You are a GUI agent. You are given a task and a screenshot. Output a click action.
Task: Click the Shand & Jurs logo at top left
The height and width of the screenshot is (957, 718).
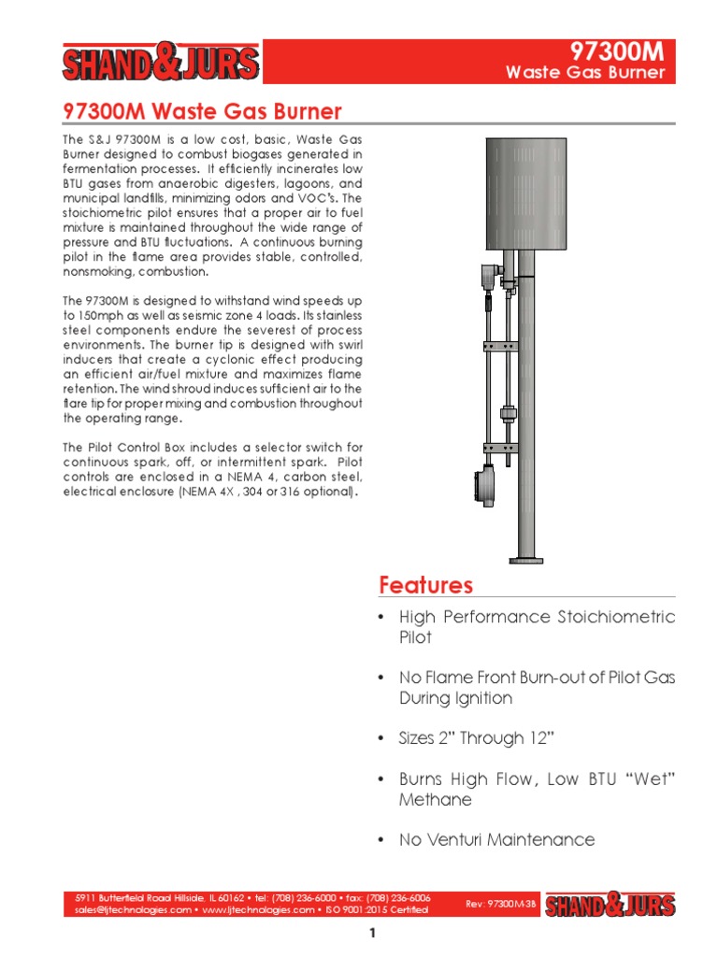pyautogui.click(x=160, y=64)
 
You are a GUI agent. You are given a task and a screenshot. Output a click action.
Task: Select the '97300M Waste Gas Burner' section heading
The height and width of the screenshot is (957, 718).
pyautogui.click(x=202, y=112)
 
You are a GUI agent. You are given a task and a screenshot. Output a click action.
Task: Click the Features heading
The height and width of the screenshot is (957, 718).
pyautogui.click(x=425, y=585)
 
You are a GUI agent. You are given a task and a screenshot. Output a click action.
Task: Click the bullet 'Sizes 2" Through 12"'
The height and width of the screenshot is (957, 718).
pyautogui.click(x=477, y=738)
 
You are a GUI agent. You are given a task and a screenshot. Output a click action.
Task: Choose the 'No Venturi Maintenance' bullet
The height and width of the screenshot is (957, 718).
pyautogui.click(x=496, y=840)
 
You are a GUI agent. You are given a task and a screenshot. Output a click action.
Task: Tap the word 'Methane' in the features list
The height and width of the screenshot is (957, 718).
pyautogui.click(x=435, y=800)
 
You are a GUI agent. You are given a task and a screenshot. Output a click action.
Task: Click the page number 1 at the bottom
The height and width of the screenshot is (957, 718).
pyautogui.click(x=371, y=934)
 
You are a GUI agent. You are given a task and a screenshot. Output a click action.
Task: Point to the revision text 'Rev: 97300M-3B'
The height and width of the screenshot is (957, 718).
pyautogui.click(x=501, y=904)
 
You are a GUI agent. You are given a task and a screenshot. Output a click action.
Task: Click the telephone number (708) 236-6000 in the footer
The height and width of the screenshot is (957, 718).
pyautogui.click(x=309, y=898)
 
